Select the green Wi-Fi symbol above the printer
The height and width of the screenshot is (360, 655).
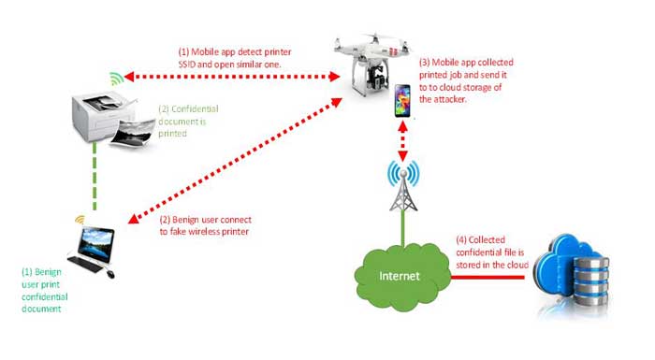coord(114,78)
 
